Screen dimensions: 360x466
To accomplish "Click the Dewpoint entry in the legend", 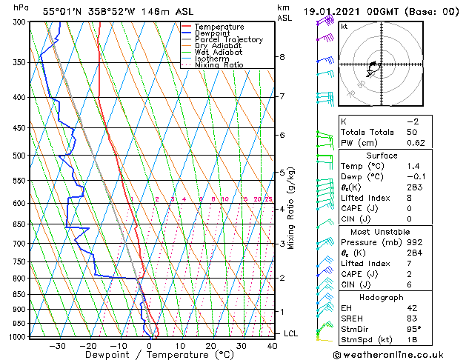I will click(x=210, y=33).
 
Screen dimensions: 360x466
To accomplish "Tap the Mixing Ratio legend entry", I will click(x=219, y=65).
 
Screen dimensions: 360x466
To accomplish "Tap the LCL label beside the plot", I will click(x=291, y=334).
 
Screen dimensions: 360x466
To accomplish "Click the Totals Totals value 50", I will click(x=413, y=132).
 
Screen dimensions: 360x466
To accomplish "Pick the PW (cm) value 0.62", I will click(x=413, y=143).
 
